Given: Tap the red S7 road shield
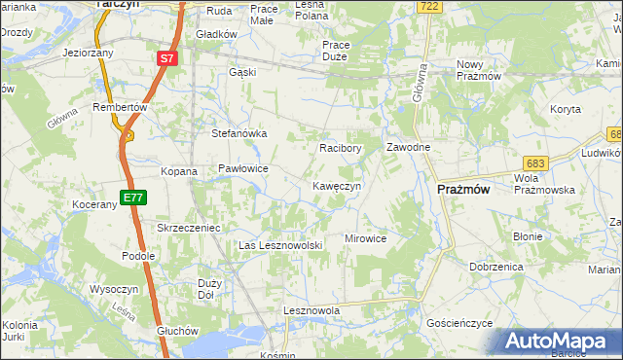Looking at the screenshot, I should [x=167, y=58].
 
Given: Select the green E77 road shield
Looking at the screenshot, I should [x=133, y=198].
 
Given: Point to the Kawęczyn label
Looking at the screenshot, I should [x=337, y=185].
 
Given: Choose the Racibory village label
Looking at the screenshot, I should [x=341, y=149].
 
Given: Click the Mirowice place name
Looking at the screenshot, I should [x=366, y=238].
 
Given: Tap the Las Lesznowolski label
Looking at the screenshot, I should [x=280, y=245].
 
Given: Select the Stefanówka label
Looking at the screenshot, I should [x=239, y=134].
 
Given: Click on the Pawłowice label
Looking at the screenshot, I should [x=242, y=168].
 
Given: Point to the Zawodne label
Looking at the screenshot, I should [x=409, y=148].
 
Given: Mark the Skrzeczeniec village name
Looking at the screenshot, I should [x=190, y=227].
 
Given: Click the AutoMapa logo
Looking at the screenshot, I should [x=560, y=341].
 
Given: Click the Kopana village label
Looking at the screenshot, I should [x=179, y=171].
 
